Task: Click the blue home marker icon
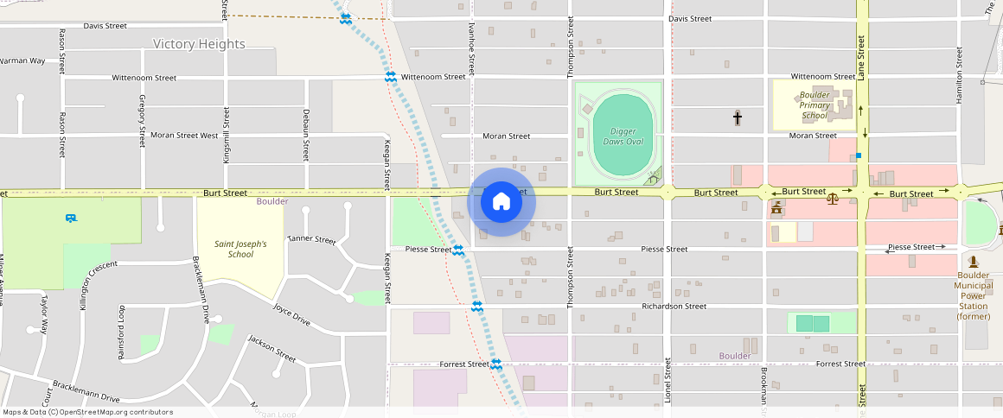[501, 202]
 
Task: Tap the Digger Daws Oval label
[623, 136]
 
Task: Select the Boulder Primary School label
[815, 104]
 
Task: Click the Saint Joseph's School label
[240, 249]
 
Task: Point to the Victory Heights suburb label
[199, 44]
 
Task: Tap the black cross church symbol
[738, 117]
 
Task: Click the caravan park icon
[70, 218]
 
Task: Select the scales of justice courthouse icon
[832, 199]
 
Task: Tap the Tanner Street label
[311, 239]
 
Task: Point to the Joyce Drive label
[291, 313]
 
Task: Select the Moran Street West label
[184, 136]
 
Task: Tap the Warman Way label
[22, 61]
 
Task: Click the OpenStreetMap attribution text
[88, 412]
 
